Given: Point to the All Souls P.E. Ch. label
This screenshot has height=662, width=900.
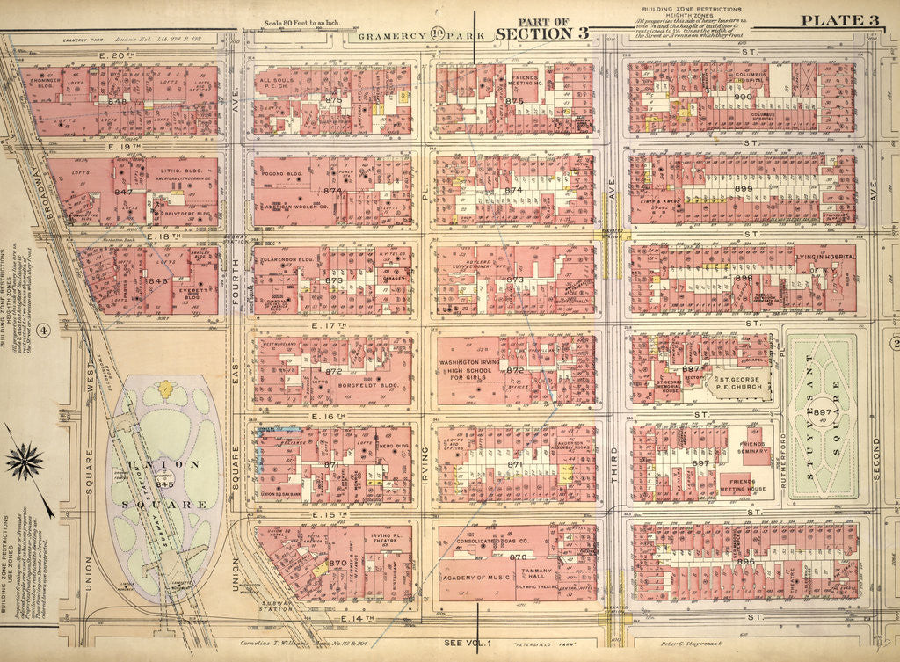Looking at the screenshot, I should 278,86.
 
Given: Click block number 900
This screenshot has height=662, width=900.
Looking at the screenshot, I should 742,97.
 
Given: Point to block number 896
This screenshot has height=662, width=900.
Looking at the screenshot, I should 745,561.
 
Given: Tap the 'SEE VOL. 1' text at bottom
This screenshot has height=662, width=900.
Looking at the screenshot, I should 474,643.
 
